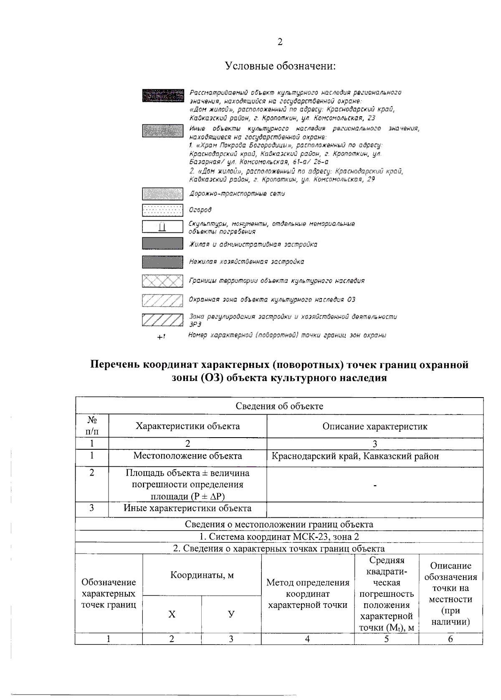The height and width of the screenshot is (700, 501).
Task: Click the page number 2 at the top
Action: tap(279, 42)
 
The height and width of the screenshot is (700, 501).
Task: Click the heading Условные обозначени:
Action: tap(280, 66)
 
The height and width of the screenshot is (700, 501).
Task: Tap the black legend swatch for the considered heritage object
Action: tap(162, 96)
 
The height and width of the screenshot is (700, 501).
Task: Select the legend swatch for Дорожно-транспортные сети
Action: tap(162, 194)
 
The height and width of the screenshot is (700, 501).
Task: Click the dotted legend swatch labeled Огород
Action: tap(162, 209)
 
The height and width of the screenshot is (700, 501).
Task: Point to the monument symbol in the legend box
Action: tap(162, 227)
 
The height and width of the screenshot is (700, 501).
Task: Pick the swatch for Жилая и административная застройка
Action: tap(162, 244)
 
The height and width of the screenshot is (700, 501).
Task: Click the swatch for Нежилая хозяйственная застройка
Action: tap(162, 262)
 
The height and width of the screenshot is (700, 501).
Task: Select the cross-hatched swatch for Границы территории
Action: tap(162, 281)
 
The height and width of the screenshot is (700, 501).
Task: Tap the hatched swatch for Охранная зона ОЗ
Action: tap(162, 300)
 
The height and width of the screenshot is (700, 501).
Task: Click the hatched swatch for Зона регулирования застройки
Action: tap(162, 320)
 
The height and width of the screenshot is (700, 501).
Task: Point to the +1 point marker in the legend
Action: tap(161, 336)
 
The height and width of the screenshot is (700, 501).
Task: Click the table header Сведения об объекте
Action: tap(279, 406)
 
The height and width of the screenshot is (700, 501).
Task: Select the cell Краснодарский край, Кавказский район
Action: tap(355, 456)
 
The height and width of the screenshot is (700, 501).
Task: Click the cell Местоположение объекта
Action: tap(187, 456)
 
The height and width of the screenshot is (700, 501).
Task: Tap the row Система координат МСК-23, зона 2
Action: tap(279, 536)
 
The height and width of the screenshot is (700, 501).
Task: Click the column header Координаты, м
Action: tap(202, 575)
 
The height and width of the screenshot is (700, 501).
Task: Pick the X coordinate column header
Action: tap(172, 614)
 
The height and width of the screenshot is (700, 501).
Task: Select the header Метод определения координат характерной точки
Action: tap(308, 593)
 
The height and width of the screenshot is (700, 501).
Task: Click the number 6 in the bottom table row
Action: tap(450, 639)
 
